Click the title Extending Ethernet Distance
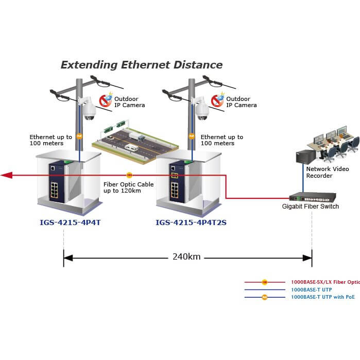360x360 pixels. click(142, 65)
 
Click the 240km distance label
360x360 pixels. click(186, 256)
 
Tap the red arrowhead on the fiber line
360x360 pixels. click(6, 175)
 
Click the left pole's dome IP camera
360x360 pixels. click(88, 109)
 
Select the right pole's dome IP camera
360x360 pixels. click(202, 109)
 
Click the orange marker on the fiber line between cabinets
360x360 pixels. click(129, 176)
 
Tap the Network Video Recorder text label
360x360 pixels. click(328, 172)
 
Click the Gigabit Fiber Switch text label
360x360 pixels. click(310, 207)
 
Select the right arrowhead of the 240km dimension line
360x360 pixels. click(309, 256)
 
